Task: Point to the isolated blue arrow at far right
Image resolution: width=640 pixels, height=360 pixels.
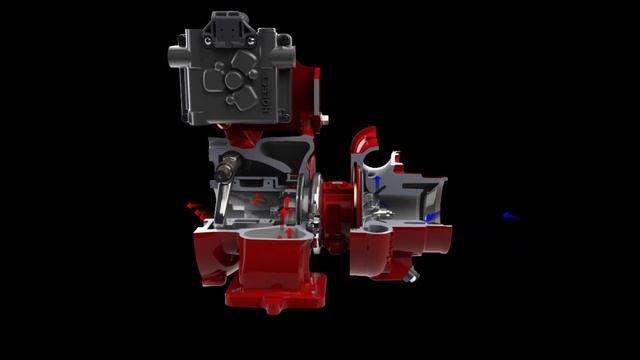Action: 510,216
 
